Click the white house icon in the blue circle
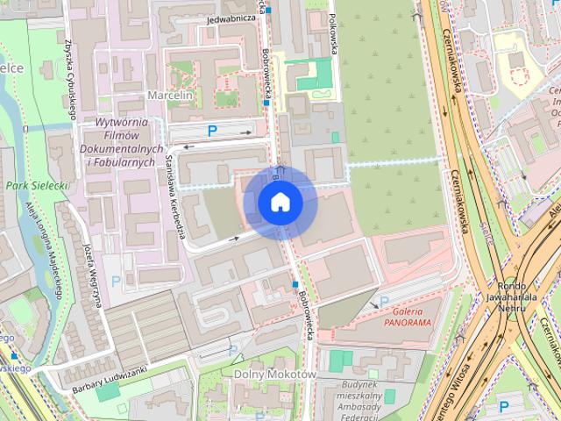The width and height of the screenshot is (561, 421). [x=280, y=203]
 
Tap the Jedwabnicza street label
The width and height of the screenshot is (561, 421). [x=231, y=18]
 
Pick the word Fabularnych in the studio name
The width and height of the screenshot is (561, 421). [x=129, y=163]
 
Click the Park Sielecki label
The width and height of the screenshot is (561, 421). [x=37, y=186]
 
